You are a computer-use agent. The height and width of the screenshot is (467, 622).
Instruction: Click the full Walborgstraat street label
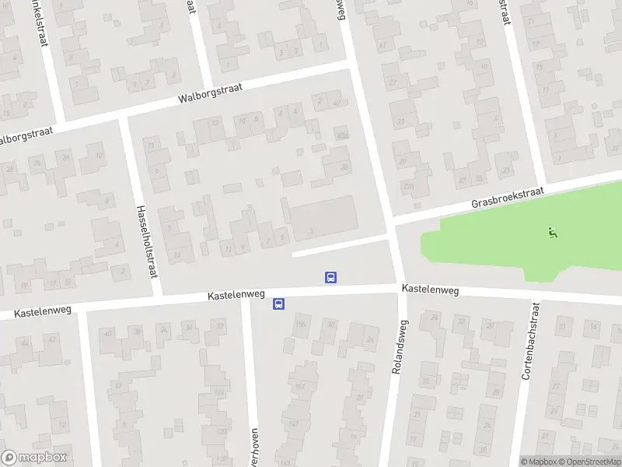coord(210,93)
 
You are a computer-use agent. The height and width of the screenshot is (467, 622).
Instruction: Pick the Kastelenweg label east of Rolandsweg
coord(430,289)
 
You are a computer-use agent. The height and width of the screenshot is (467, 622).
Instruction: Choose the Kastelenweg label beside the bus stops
coord(236,296)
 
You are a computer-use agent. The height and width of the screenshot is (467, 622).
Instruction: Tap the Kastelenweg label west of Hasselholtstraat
coord(43,311)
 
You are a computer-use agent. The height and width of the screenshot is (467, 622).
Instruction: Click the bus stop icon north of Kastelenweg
coord(330,277)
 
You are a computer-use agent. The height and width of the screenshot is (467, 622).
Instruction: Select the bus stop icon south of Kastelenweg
coord(278,304)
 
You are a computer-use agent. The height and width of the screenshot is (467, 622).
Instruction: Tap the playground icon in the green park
coord(553,231)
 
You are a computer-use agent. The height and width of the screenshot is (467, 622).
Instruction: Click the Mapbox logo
coord(34,458)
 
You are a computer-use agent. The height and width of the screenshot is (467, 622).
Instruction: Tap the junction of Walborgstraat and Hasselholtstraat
coord(124,118)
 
